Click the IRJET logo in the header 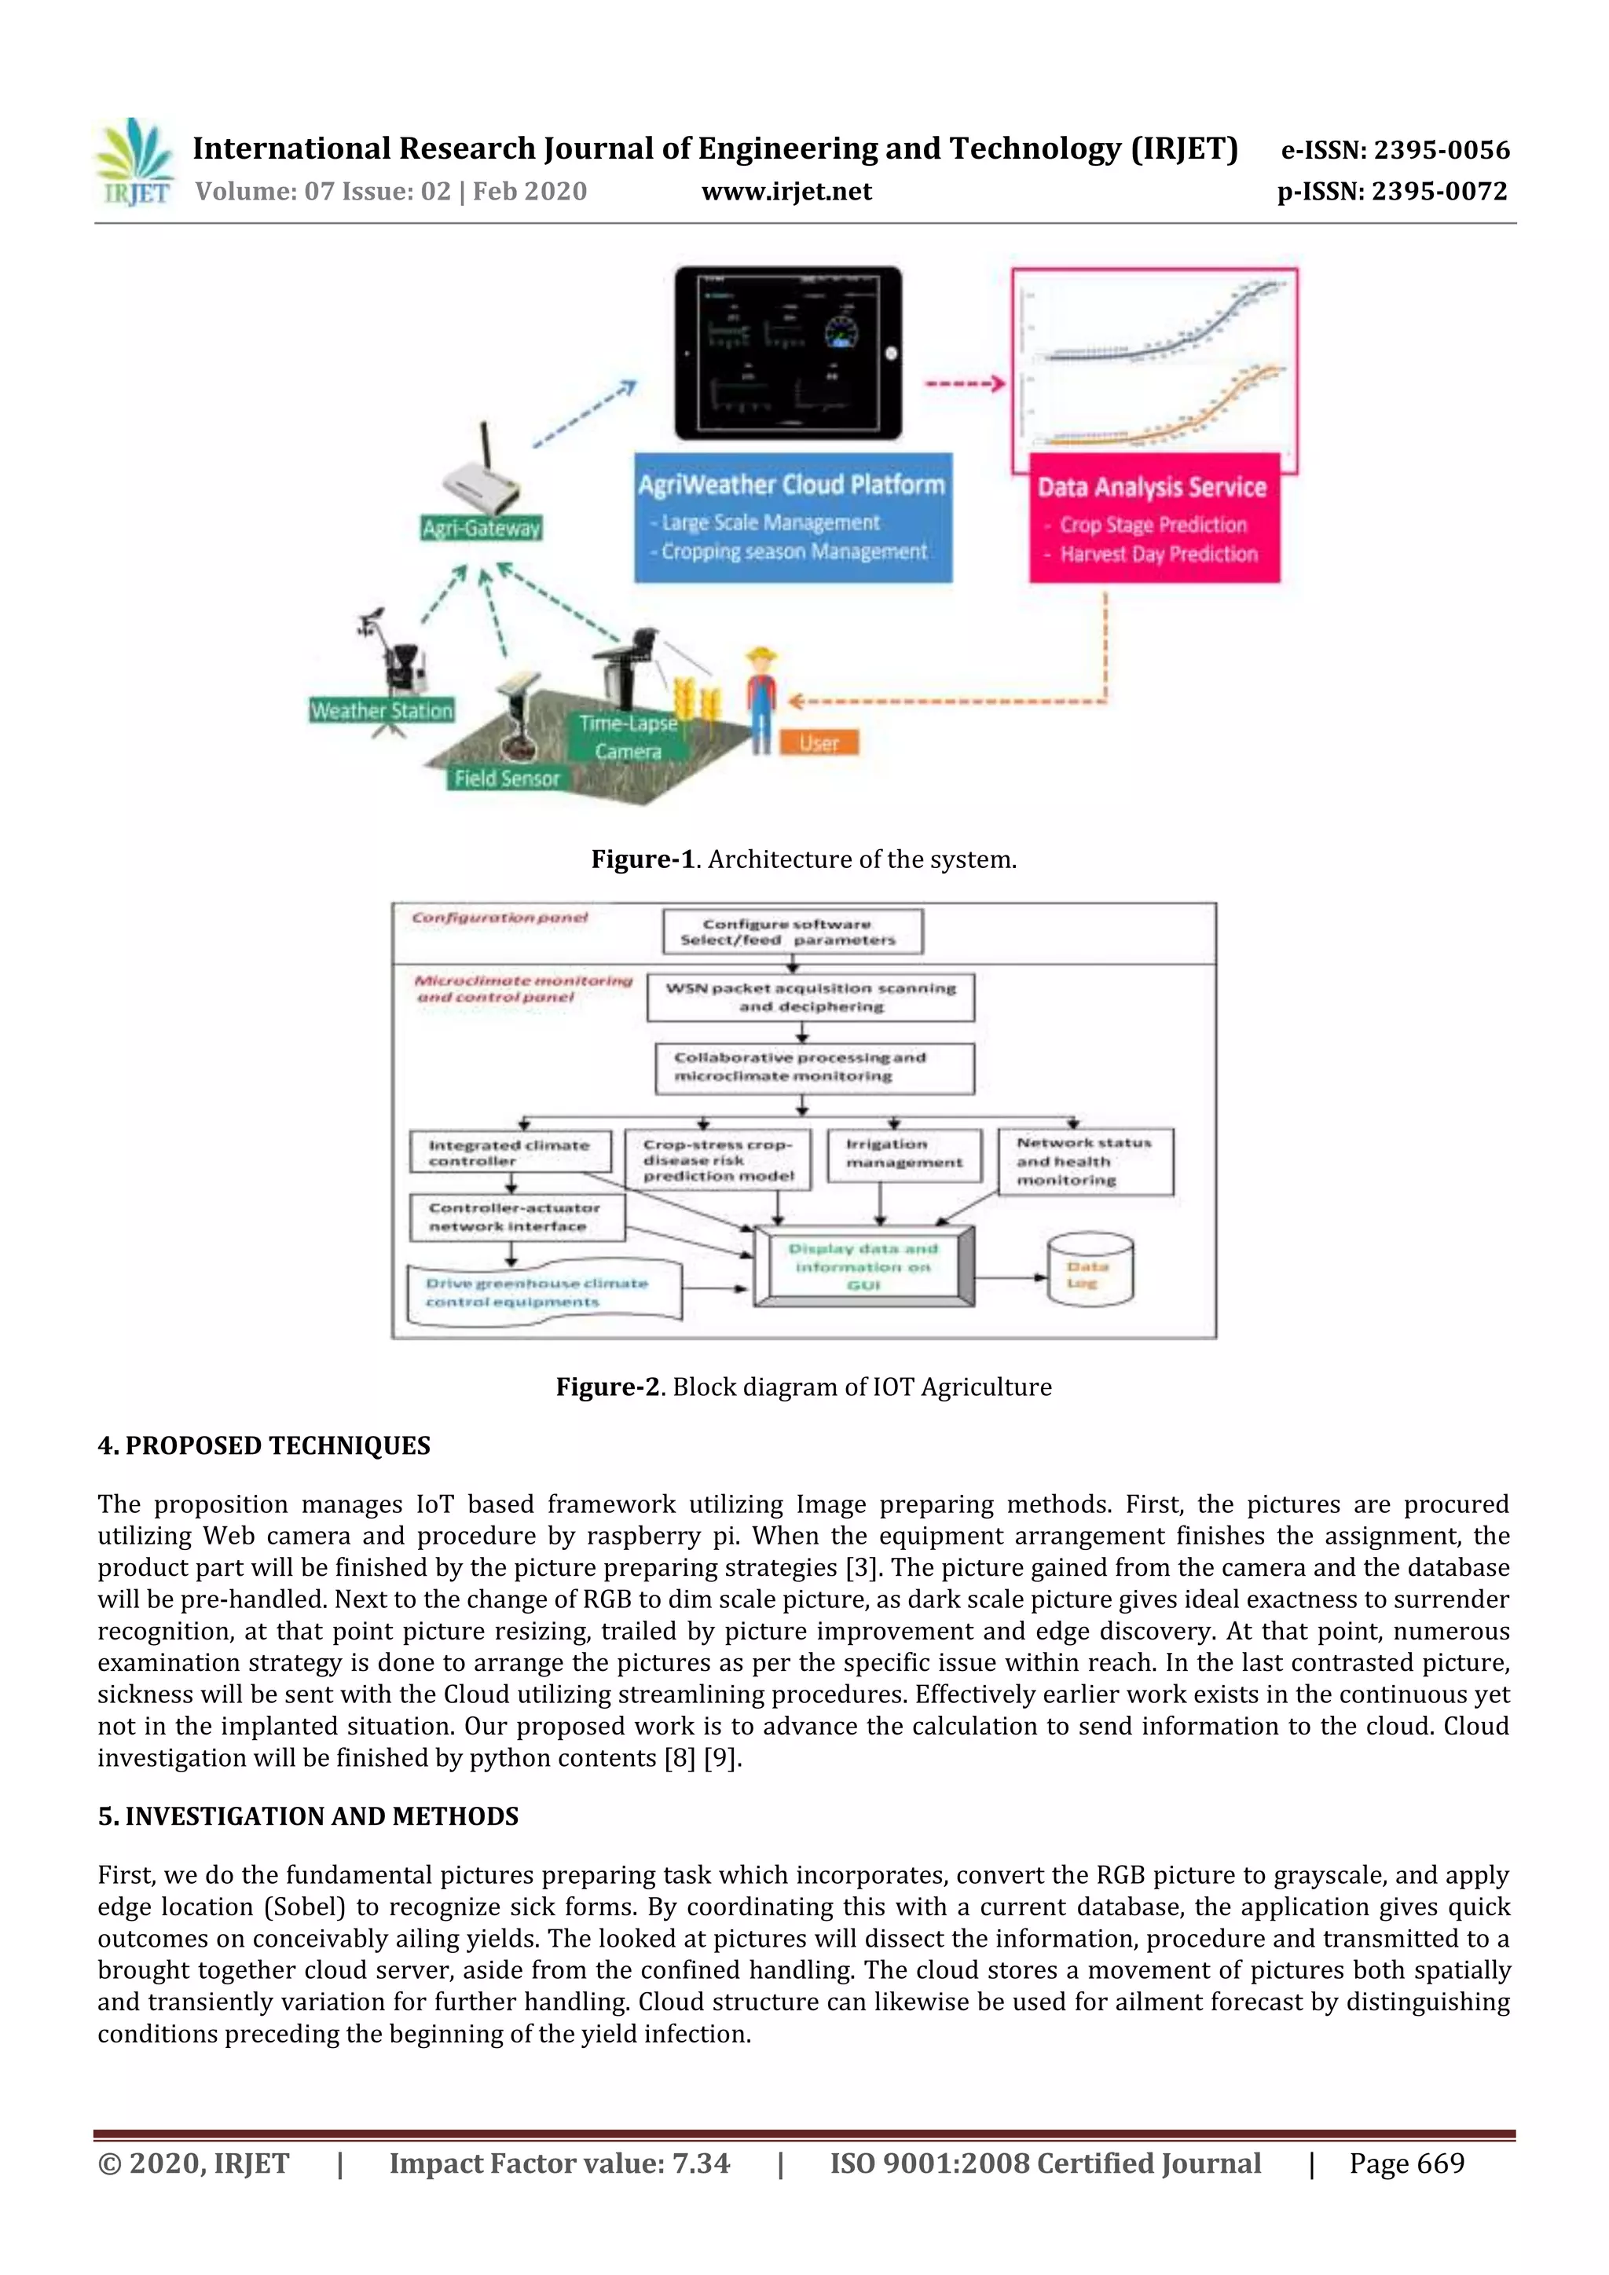[x=135, y=163]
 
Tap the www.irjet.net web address [x=786, y=191]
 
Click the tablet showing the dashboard [x=789, y=353]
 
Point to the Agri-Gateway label [x=482, y=528]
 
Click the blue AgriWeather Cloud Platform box [x=793, y=517]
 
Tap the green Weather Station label [x=382, y=710]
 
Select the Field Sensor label [x=508, y=778]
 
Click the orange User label [x=819, y=742]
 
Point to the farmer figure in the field [x=761, y=698]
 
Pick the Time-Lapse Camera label [x=629, y=737]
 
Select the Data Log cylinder [x=1090, y=1270]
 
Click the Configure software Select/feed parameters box [x=792, y=932]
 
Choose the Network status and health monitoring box [x=1085, y=1161]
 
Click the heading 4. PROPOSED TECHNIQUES [x=263, y=1445]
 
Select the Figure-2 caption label [x=607, y=1387]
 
